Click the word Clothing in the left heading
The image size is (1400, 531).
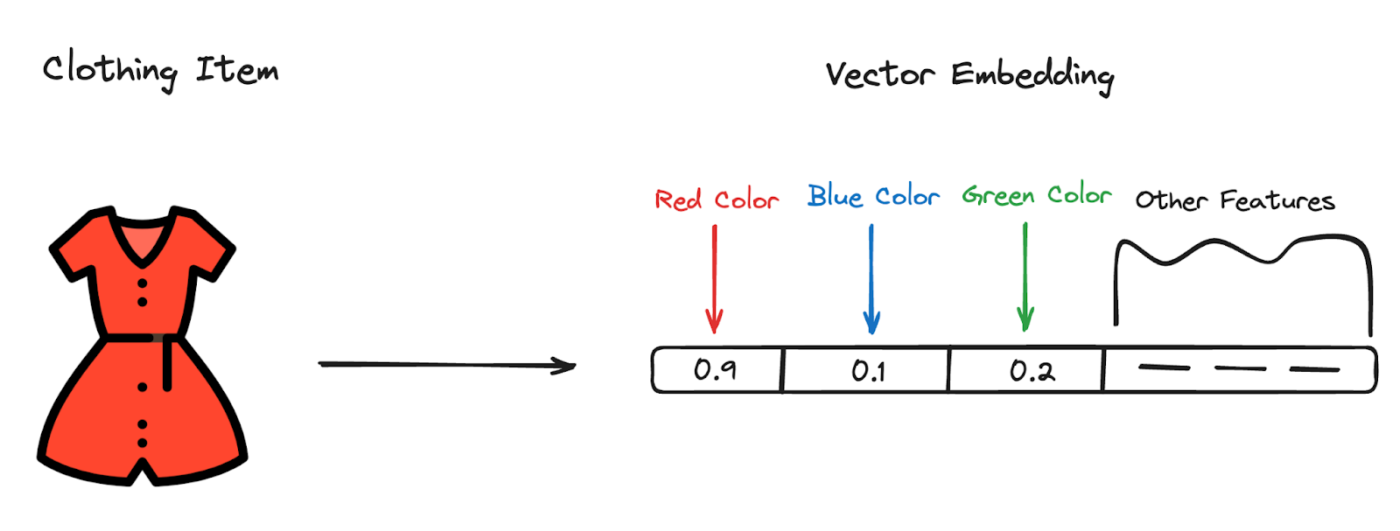(x=109, y=69)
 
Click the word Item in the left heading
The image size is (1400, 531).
(x=236, y=69)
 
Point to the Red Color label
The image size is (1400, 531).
(x=717, y=199)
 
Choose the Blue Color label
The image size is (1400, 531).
(x=873, y=196)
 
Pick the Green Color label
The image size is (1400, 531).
(x=1037, y=195)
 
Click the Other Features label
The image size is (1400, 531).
(x=1235, y=200)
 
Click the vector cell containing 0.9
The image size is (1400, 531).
(x=716, y=370)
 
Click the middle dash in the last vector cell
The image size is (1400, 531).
(x=1240, y=368)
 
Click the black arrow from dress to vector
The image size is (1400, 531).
(x=446, y=365)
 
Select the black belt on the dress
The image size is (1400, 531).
(x=140, y=338)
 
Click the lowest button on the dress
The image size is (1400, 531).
(x=143, y=443)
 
